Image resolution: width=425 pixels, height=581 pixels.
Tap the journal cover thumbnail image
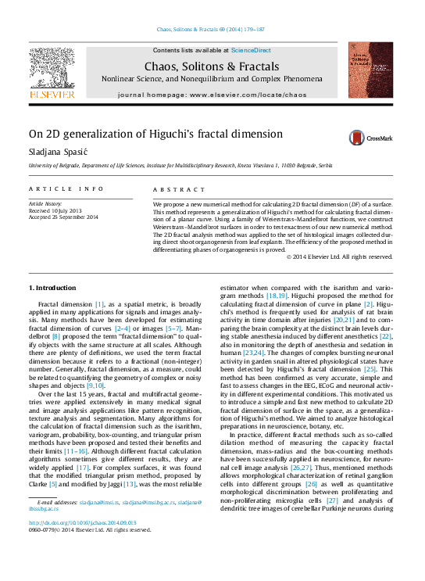[370, 70]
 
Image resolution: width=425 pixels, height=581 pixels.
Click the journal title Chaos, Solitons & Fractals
[211, 66]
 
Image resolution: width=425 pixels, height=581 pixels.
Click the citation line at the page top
[212, 30]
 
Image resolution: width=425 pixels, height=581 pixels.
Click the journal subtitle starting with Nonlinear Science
[212, 80]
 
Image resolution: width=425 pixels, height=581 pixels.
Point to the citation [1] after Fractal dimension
[99, 303]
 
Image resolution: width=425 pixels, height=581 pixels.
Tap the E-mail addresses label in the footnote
[55, 502]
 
